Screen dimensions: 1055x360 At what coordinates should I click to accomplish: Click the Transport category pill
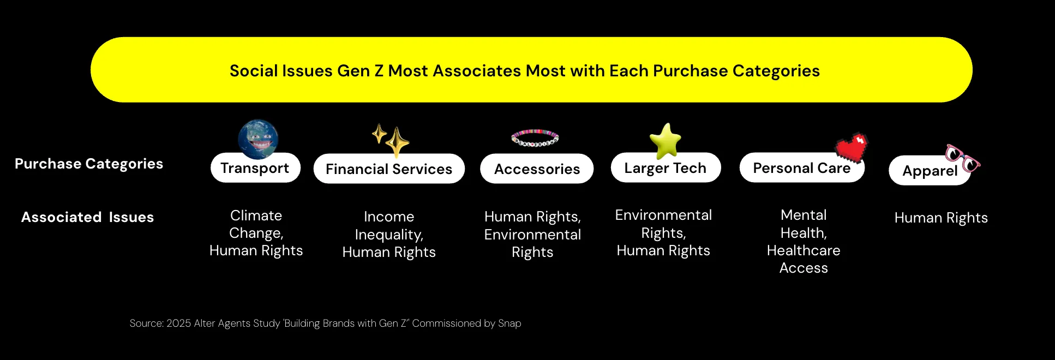(x=255, y=167)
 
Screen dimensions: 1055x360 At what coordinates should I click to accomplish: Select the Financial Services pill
(x=389, y=169)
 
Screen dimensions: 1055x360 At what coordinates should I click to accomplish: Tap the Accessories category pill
(x=537, y=169)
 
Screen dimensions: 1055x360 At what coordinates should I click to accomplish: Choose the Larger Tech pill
(x=666, y=167)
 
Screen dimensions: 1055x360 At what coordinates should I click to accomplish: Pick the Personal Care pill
(x=802, y=167)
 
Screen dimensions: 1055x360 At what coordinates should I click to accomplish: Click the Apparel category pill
(x=930, y=171)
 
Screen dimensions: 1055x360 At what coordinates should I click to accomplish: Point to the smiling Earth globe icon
(x=258, y=139)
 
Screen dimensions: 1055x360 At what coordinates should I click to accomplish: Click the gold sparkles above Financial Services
(x=391, y=140)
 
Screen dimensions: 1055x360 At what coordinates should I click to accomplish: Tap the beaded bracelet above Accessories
(x=535, y=138)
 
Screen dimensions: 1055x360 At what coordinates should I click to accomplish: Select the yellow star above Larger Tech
(x=666, y=140)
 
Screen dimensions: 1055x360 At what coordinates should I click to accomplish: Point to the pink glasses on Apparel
(x=963, y=158)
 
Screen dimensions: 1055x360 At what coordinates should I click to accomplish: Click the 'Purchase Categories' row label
(x=89, y=164)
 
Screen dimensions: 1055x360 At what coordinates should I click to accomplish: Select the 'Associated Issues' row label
(x=88, y=217)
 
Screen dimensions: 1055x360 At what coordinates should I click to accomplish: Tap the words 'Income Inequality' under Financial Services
(x=389, y=225)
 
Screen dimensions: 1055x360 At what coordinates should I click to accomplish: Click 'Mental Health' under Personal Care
(x=804, y=224)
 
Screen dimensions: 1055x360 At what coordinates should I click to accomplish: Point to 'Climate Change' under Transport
(x=256, y=224)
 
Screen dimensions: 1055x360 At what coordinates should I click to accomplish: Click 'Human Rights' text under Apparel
(x=941, y=218)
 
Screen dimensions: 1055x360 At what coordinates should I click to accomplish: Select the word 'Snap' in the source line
(x=509, y=323)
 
